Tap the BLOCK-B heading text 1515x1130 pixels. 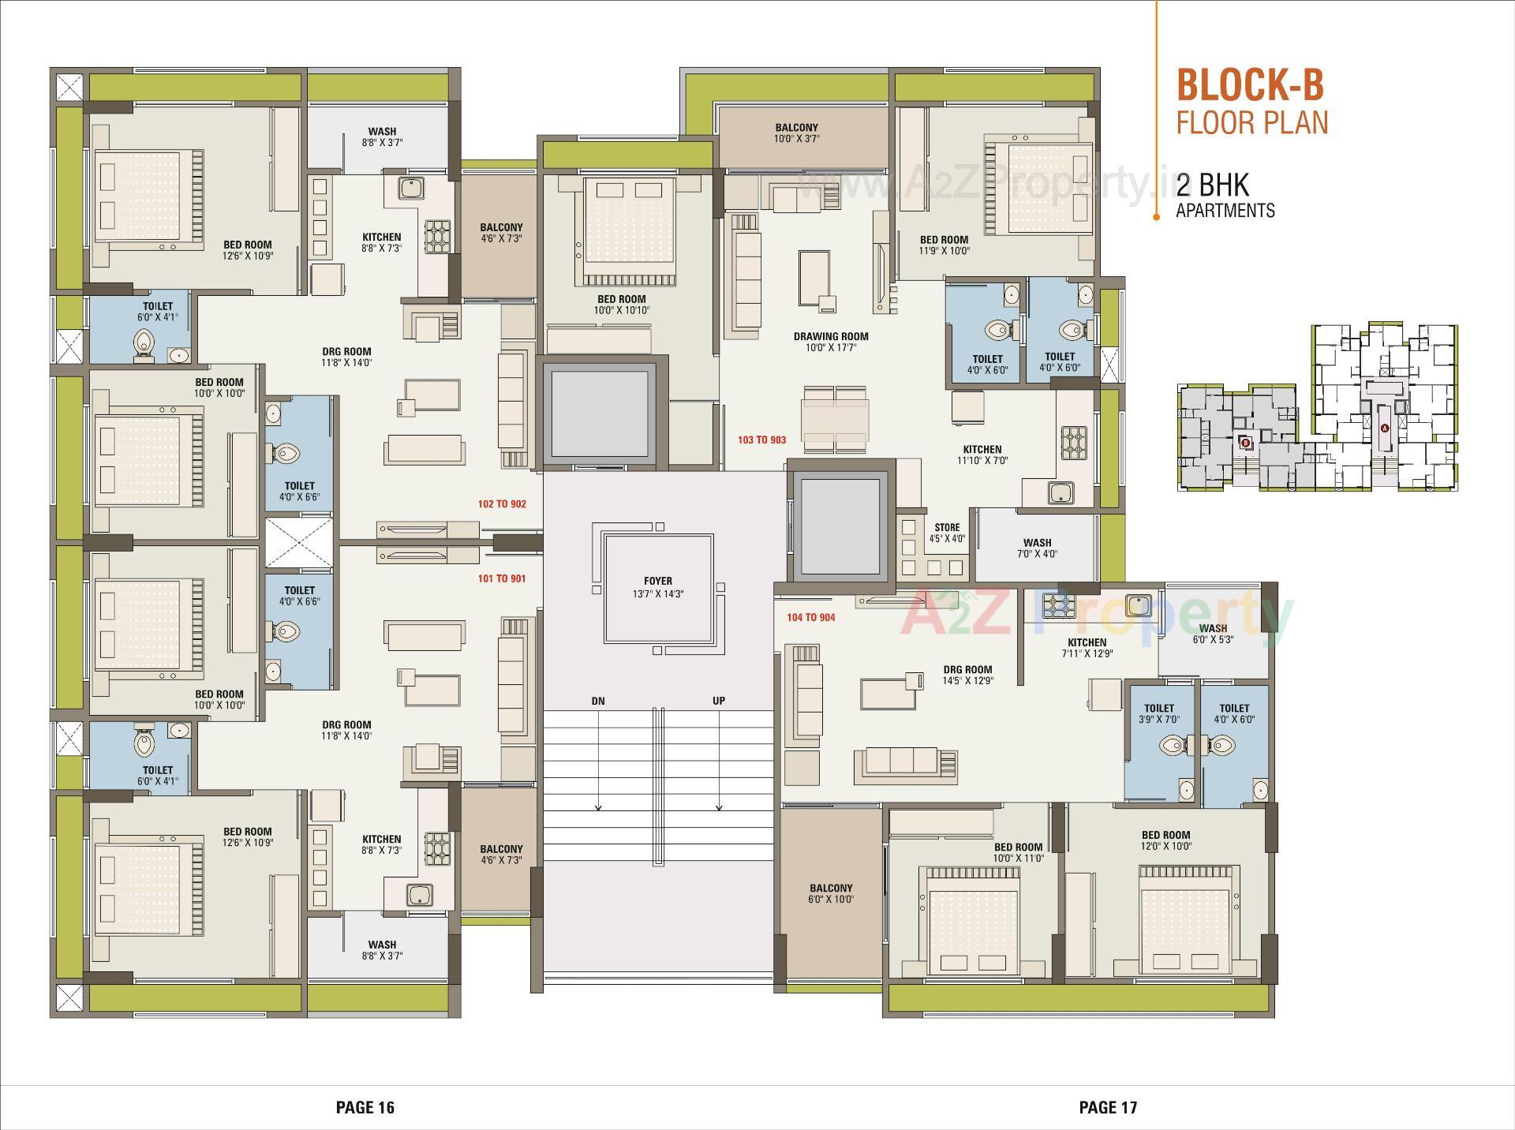tap(1250, 85)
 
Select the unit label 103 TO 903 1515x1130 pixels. tap(761, 440)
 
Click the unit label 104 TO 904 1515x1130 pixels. tap(810, 617)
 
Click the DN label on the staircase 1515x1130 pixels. tap(598, 701)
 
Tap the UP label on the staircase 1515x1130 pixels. tap(719, 701)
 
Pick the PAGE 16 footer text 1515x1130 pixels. tap(365, 1107)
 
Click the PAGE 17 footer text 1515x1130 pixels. tap(1108, 1107)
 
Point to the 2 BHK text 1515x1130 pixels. tap(1213, 185)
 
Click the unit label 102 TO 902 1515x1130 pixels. tap(502, 503)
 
